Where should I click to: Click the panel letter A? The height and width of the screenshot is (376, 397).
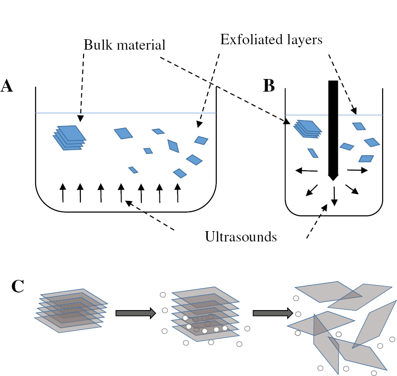pyautogui.click(x=7, y=86)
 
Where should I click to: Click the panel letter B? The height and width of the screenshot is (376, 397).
pyautogui.click(x=268, y=86)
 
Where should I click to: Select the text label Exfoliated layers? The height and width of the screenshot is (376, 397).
pyautogui.click(x=271, y=40)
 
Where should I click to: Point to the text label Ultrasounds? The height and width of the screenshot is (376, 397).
pyautogui.click(x=240, y=237)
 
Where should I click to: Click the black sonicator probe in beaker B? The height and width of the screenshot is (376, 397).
pyautogui.click(x=333, y=126)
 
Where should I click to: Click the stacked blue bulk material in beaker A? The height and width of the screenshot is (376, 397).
pyautogui.click(x=69, y=137)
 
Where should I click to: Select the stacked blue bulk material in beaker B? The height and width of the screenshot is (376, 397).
pyautogui.click(x=308, y=129)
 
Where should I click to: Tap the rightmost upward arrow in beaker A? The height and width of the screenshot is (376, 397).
pyautogui.click(x=178, y=192)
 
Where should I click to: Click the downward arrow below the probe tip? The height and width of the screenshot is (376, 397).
pyautogui.click(x=334, y=195)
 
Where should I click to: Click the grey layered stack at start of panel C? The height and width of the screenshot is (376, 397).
pyautogui.click(x=70, y=311)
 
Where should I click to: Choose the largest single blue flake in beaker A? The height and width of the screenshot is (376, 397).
pyautogui.click(x=123, y=133)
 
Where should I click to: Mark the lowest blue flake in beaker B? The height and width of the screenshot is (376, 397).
pyautogui.click(x=366, y=158)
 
